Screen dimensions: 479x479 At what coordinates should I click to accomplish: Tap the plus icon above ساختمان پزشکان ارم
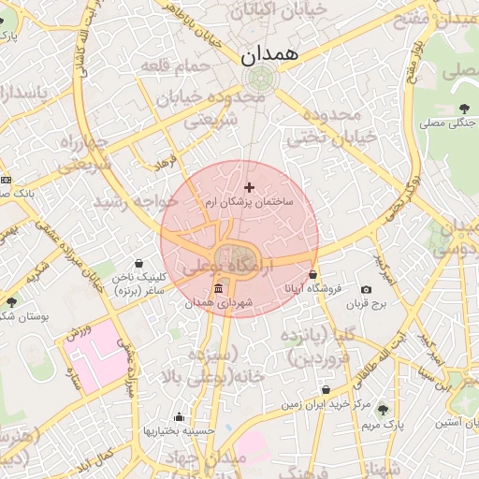249,188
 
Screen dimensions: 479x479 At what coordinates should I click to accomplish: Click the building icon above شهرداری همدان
218,289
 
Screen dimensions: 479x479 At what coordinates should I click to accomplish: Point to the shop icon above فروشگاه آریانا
312,276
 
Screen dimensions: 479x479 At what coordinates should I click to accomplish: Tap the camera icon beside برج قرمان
366,290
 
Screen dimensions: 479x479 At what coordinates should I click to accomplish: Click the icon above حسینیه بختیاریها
180,417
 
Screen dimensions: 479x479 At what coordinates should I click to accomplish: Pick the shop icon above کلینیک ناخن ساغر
139,264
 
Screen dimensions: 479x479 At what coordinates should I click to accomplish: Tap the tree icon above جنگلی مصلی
465,109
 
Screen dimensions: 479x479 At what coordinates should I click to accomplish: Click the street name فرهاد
166,163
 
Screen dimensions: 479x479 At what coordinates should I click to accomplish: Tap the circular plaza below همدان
261,78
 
